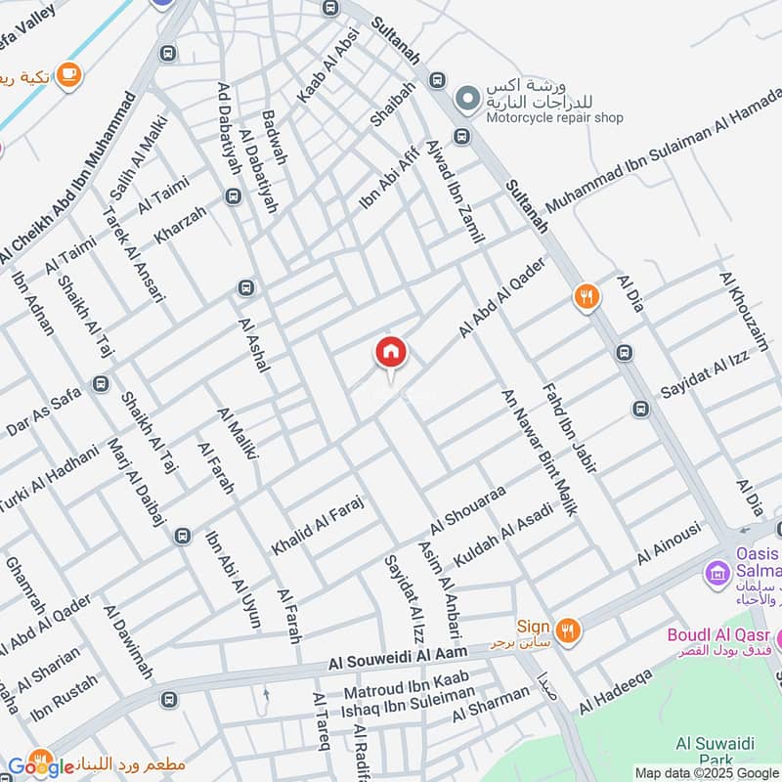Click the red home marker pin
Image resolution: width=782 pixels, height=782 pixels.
click(x=391, y=352)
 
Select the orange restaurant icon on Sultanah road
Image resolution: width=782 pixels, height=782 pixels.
click(x=586, y=296)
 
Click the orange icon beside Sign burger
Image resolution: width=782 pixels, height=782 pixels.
click(x=567, y=629)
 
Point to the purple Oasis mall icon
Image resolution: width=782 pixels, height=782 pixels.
click(x=719, y=571)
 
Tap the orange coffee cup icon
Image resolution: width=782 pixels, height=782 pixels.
click(x=68, y=74)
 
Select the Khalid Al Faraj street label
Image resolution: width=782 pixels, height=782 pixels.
click(x=318, y=526)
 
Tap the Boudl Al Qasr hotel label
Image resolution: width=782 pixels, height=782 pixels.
click(x=718, y=635)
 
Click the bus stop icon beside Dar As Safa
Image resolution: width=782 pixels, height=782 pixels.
click(x=99, y=384)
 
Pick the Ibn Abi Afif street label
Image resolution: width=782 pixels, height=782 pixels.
click(x=388, y=178)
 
